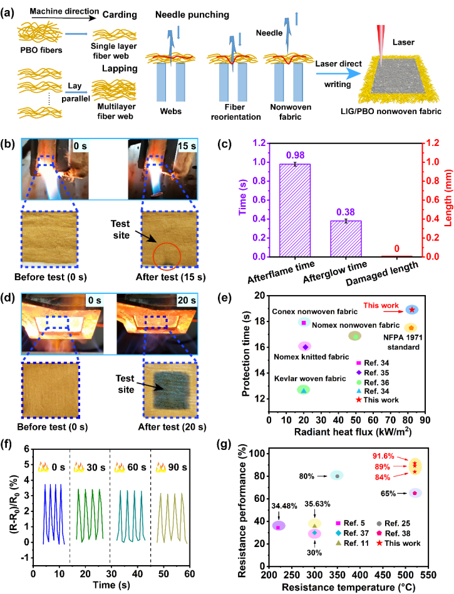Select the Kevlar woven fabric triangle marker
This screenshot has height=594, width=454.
pos(303,390)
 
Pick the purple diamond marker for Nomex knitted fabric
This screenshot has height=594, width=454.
pos(305,346)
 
